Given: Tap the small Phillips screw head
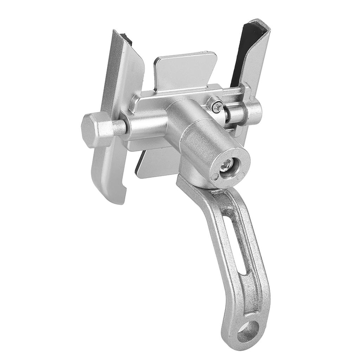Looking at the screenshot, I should (217, 104).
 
